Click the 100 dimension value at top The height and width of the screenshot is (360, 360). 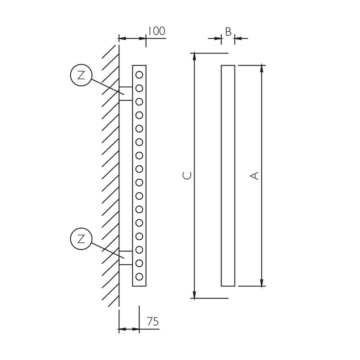pos(156,31)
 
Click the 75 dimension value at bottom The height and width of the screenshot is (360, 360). pos(153,322)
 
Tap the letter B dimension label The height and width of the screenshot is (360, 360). pos(228,32)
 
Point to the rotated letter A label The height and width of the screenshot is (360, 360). pos(255,176)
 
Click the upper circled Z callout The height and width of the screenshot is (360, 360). pos(81,75)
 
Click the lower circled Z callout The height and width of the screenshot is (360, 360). pos(81,238)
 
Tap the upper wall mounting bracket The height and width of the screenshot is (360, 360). pos(126,94)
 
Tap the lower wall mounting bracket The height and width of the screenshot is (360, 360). pos(126,258)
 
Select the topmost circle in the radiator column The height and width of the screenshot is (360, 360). pos(139,75)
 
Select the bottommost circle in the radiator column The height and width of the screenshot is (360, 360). pos(139,277)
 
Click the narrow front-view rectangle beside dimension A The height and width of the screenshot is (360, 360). pos(228,176)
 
